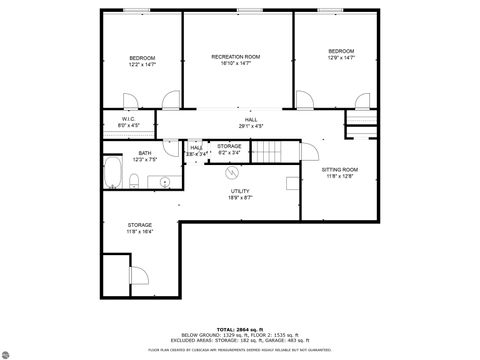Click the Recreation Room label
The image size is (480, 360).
tap(236, 57)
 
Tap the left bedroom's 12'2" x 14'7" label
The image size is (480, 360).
tap(142, 65)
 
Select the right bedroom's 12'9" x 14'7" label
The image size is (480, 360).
tap(341, 57)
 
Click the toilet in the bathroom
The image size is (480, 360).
tap(134, 180)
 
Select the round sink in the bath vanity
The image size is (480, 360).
tap(163, 181)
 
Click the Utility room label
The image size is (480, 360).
tap(240, 194)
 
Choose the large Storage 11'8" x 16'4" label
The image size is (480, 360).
tap(140, 228)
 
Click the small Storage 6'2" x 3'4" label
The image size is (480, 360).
tap(229, 149)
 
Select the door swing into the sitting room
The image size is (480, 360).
tap(310, 152)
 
